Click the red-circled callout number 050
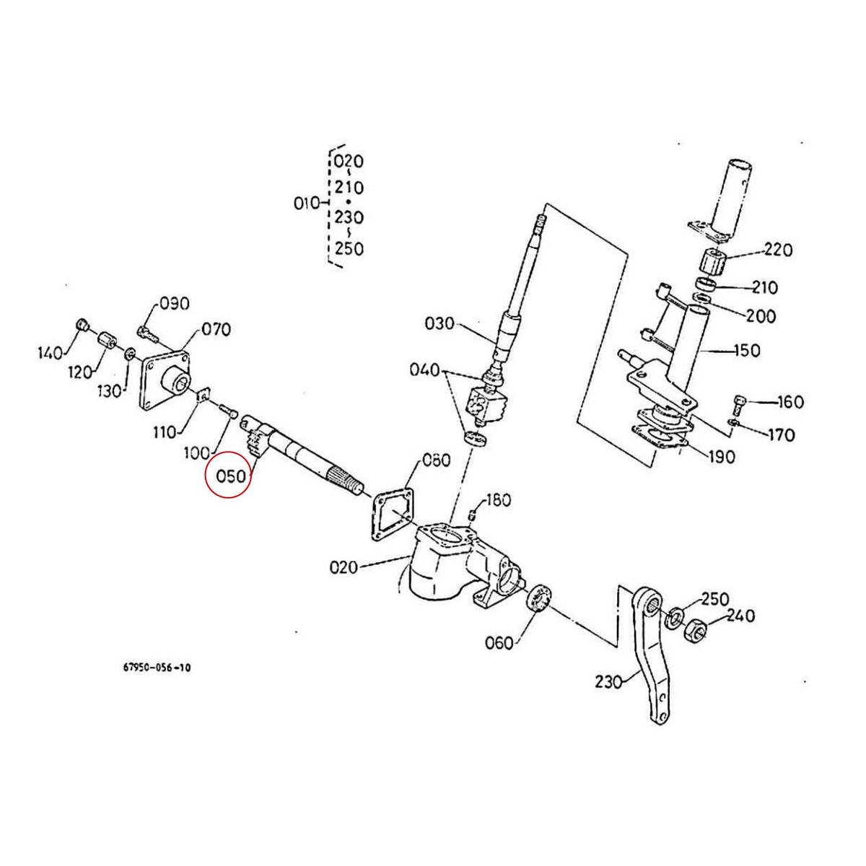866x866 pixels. tap(228, 477)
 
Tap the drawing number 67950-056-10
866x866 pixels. tap(157, 668)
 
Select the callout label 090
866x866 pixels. tap(174, 304)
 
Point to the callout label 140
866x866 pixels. tap(51, 353)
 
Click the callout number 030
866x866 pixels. tap(440, 323)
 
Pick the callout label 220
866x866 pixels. tap(777, 250)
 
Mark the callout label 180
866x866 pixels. tap(498, 499)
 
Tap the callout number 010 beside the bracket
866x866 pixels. tap(306, 204)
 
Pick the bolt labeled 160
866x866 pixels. tap(740, 401)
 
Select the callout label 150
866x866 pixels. tap(745, 351)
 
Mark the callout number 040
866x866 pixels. tap(424, 370)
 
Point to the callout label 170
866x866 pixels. tap(781, 435)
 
